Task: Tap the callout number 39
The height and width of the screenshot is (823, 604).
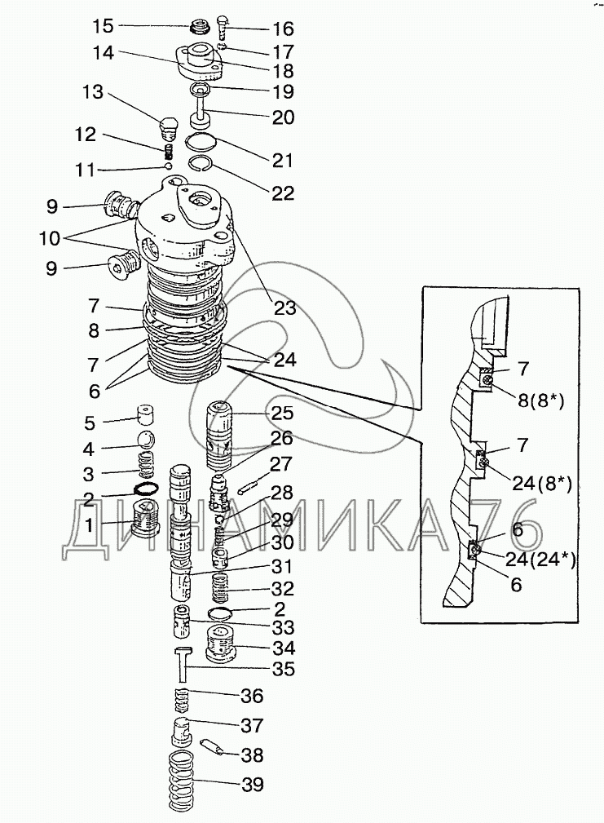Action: pyautogui.click(x=252, y=785)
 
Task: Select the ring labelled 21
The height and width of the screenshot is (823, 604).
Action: pyautogui.click(x=201, y=140)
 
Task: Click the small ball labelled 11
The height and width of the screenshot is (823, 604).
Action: pyautogui.click(x=167, y=166)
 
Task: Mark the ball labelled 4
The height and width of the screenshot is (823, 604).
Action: pyautogui.click(x=146, y=441)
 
